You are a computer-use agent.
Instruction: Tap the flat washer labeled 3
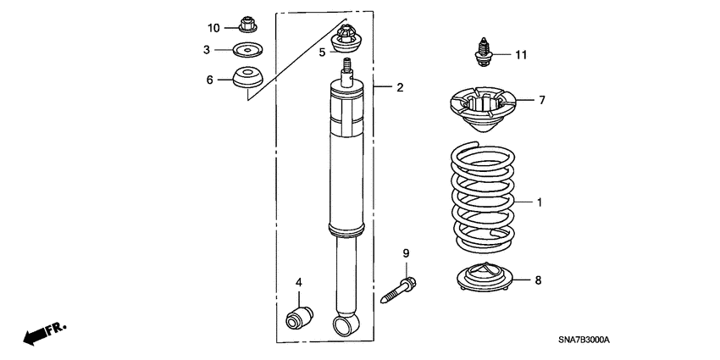click(x=247, y=50)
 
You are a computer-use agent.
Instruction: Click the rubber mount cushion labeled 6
click(x=247, y=78)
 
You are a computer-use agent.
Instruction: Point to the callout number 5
click(x=322, y=53)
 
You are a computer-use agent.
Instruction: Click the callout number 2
click(x=400, y=87)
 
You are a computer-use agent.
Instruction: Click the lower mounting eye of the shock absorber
click(x=345, y=325)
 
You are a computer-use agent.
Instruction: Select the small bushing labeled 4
click(x=298, y=316)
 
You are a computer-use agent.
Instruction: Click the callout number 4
click(x=298, y=282)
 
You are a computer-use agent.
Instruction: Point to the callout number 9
click(x=405, y=253)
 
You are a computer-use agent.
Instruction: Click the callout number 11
click(x=520, y=55)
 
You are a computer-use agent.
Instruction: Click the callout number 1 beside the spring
click(x=539, y=202)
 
